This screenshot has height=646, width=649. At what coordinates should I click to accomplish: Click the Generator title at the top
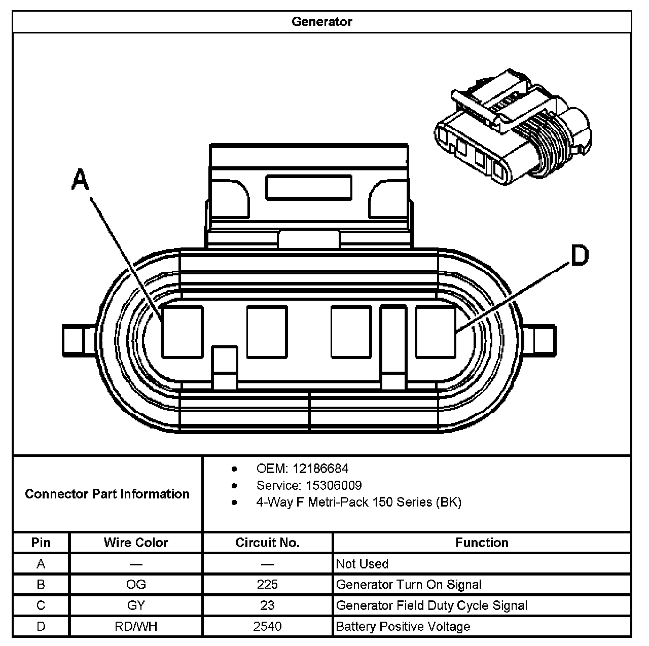click(x=321, y=22)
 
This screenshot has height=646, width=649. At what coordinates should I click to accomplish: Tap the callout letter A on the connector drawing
click(x=80, y=180)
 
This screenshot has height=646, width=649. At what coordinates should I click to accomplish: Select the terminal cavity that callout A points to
click(x=183, y=332)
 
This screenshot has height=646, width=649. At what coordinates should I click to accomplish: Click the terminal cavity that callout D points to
click(x=435, y=332)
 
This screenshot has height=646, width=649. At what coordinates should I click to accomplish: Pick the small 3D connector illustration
click(x=512, y=127)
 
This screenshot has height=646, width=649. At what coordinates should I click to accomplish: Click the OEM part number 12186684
click(x=320, y=469)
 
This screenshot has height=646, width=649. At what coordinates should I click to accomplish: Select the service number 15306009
click(x=333, y=485)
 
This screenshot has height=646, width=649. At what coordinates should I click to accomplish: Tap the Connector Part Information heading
click(x=107, y=494)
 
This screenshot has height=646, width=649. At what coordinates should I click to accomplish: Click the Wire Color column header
click(x=136, y=543)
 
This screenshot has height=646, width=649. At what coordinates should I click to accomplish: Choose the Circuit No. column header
click(x=268, y=543)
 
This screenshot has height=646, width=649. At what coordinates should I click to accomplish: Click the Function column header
click(x=482, y=543)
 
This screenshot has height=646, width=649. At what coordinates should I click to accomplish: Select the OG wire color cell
click(x=136, y=585)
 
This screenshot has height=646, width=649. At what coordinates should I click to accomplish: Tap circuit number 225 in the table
click(x=268, y=585)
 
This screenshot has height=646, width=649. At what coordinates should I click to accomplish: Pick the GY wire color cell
click(x=136, y=605)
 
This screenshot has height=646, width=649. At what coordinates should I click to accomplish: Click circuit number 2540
click(x=268, y=626)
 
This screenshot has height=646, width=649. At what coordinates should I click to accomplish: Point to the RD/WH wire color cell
click(x=136, y=626)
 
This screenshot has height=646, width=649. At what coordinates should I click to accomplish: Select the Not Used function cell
click(x=362, y=564)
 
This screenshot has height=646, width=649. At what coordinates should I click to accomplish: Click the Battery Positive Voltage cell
click(x=403, y=626)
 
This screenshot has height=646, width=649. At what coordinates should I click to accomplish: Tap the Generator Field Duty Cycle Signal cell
click(x=431, y=605)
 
